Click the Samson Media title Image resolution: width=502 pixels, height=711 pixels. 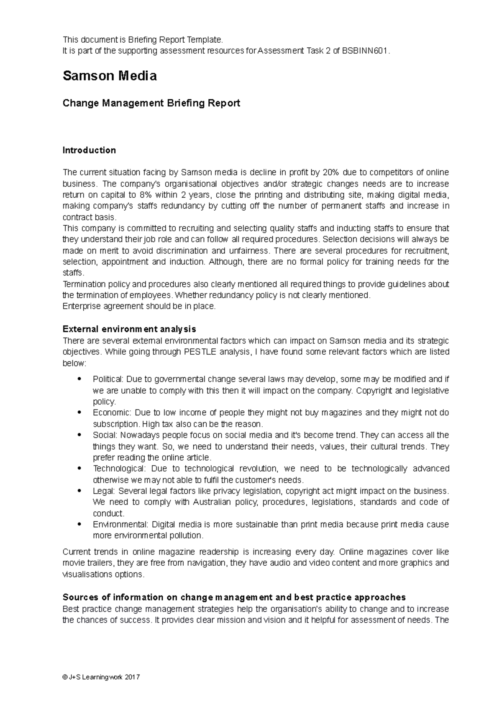point(110,76)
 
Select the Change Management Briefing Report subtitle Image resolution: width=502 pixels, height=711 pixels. point(151,103)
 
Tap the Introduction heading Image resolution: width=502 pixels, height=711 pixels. point(89,150)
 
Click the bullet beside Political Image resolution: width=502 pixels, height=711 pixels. point(79,379)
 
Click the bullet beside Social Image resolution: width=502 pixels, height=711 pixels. point(79,435)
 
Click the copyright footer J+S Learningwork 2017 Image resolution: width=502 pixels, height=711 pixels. point(101,677)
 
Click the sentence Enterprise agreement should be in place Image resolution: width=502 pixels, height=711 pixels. point(139,306)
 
